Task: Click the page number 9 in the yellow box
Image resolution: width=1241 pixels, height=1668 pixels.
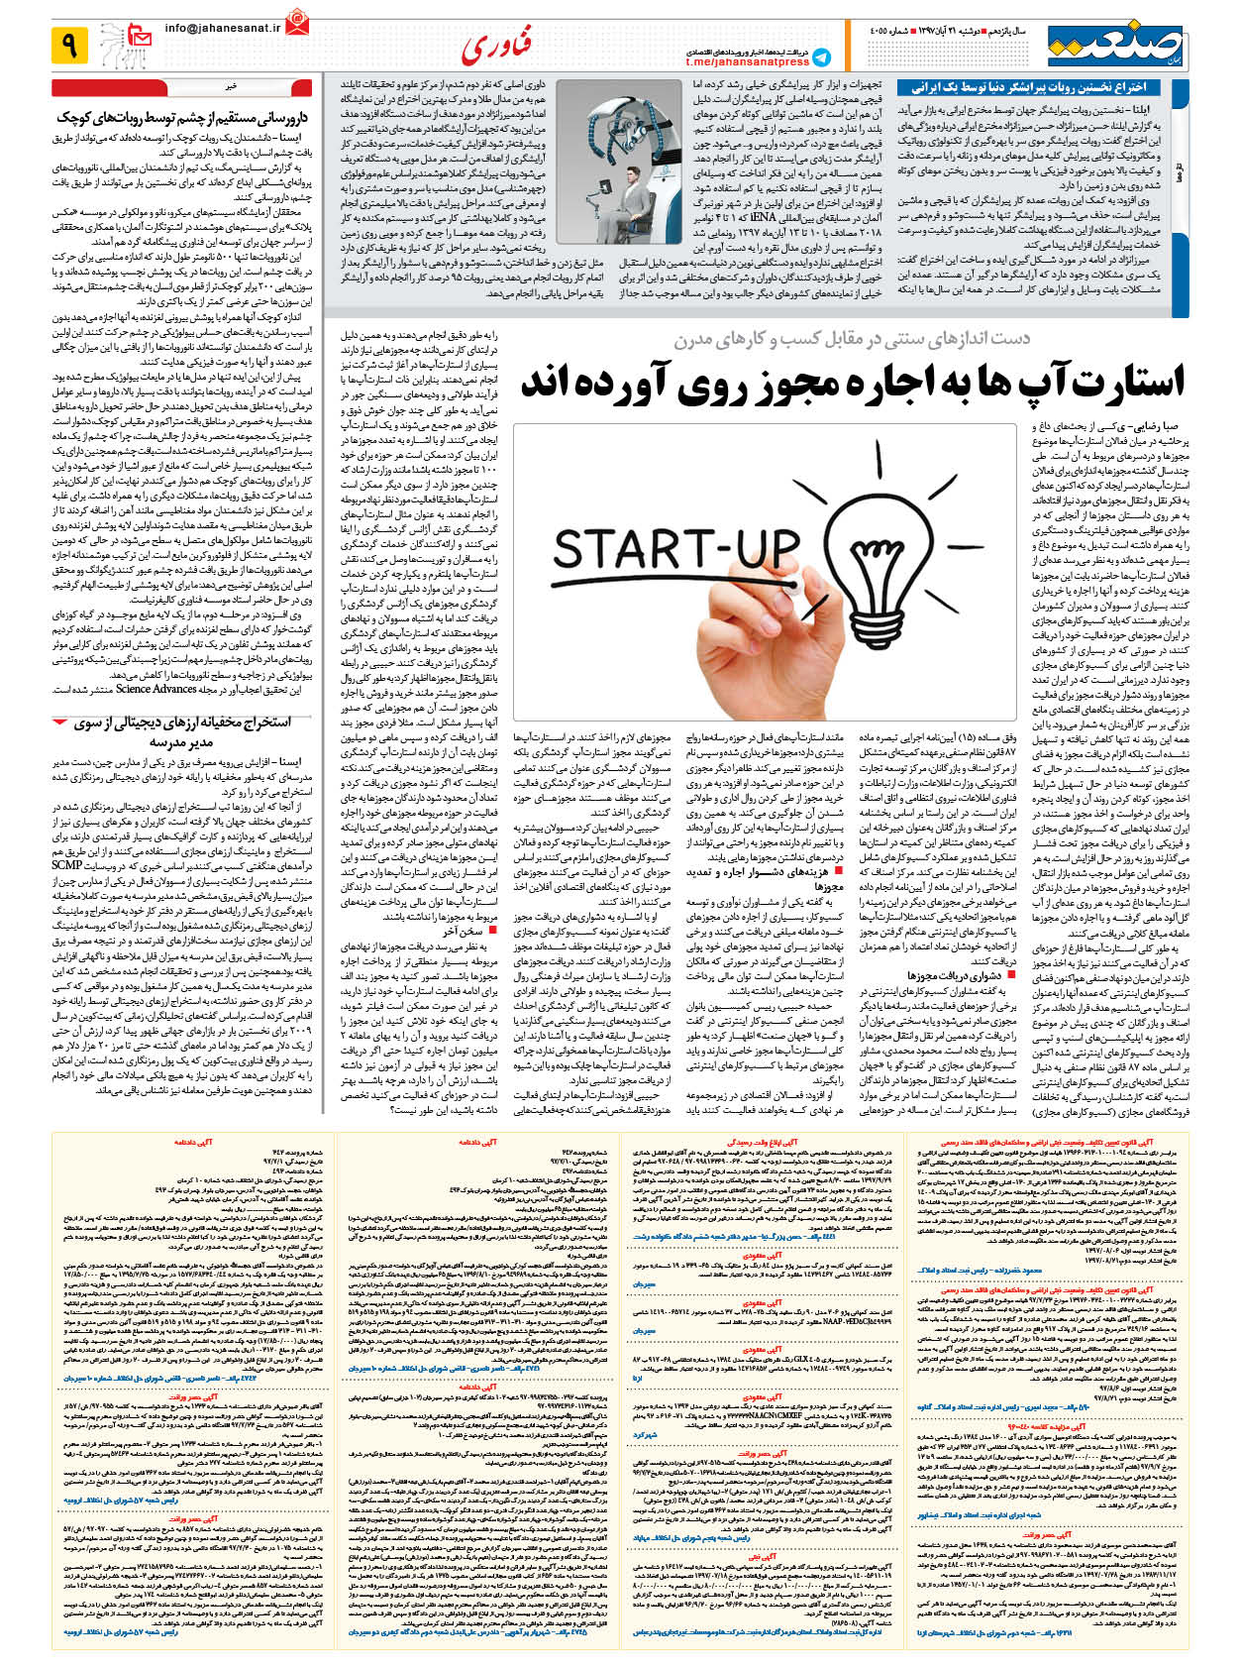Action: click(70, 45)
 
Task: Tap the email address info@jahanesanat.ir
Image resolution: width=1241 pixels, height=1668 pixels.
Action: click(223, 29)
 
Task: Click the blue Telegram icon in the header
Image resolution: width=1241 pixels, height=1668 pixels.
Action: click(821, 57)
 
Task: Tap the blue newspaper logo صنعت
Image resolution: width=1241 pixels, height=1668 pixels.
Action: click(1116, 45)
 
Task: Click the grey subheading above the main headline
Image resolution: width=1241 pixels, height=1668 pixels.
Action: click(852, 339)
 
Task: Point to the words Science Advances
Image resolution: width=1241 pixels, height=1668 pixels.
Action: click(155, 688)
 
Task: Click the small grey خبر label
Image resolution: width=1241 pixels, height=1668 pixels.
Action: click(232, 86)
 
